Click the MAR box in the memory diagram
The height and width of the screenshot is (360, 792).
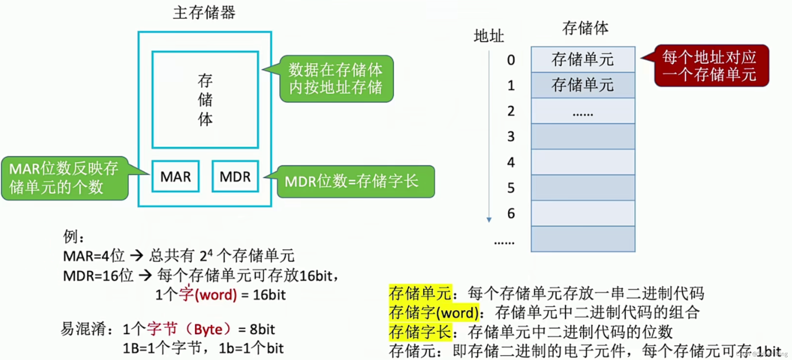click(x=176, y=176)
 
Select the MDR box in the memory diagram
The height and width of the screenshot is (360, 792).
click(x=235, y=176)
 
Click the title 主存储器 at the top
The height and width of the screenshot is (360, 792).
click(x=204, y=13)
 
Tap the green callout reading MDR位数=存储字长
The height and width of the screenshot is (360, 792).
click(x=355, y=181)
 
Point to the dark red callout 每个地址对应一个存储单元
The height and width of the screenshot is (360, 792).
click(x=712, y=66)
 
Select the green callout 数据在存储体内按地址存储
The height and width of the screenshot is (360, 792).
click(x=336, y=79)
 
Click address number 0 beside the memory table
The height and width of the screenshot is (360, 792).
click(x=511, y=60)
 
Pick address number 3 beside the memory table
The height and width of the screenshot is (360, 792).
click(x=511, y=136)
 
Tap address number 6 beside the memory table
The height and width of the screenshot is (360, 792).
click(x=511, y=213)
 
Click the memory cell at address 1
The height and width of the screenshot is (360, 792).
click(x=583, y=85)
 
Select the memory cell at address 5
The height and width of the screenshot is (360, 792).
click(x=583, y=188)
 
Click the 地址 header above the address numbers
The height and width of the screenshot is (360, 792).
click(x=489, y=36)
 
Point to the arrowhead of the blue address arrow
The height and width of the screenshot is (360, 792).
click(x=489, y=220)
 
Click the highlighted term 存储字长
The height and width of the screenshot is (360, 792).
click(x=420, y=332)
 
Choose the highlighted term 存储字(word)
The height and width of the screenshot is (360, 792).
click(x=434, y=313)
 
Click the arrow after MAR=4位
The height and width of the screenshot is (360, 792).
click(x=136, y=256)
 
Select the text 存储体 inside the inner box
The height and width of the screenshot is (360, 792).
click(x=205, y=100)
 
